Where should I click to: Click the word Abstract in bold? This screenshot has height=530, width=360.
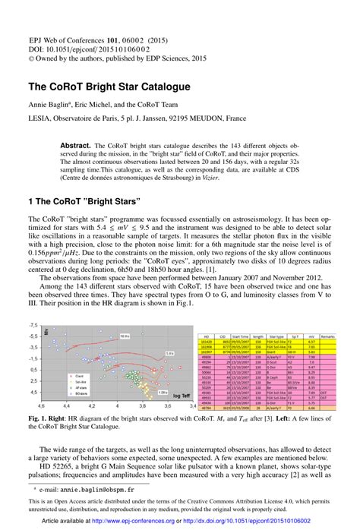pos(97,145)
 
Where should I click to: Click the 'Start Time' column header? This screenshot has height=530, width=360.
pos(242,335)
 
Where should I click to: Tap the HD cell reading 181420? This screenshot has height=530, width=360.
pos(204,342)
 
